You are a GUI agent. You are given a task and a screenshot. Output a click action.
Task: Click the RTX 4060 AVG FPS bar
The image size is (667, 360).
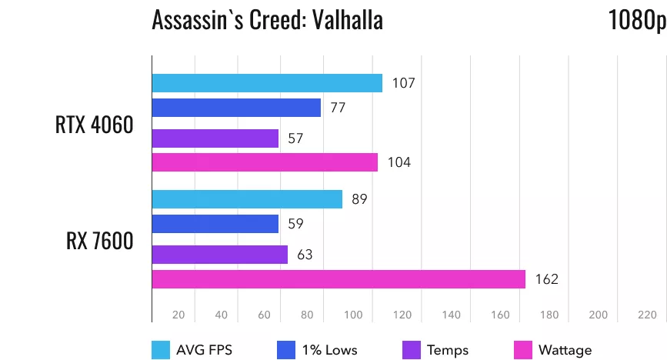click(x=267, y=83)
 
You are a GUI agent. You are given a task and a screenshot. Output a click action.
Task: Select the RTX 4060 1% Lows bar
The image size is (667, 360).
click(x=236, y=108)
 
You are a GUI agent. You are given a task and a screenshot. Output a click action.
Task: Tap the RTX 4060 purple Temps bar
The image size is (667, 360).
click(x=215, y=138)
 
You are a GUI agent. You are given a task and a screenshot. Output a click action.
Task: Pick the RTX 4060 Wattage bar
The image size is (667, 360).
click(x=265, y=162)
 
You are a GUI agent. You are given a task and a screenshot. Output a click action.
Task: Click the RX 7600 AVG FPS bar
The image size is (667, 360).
click(x=247, y=199)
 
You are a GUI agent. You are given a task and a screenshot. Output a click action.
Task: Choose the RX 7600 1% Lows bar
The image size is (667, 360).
click(x=215, y=224)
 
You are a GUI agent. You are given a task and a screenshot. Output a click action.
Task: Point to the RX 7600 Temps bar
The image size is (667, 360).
click(x=220, y=255)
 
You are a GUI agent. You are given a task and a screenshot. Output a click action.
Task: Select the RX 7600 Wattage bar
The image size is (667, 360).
click(x=339, y=278)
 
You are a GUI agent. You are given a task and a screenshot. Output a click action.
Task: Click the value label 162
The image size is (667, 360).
click(x=547, y=278)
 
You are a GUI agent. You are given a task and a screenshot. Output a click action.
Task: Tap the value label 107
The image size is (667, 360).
click(x=403, y=83)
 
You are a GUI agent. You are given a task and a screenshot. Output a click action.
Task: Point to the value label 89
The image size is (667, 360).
click(x=359, y=199)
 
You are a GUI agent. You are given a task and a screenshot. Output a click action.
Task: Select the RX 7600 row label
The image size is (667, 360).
click(x=99, y=241)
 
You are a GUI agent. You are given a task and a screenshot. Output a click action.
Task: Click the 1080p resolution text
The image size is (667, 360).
click(x=636, y=21)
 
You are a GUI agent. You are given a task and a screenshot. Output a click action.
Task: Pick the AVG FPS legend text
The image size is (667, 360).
click(x=204, y=350)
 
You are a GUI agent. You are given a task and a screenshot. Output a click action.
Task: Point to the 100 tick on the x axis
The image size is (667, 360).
click(x=354, y=315)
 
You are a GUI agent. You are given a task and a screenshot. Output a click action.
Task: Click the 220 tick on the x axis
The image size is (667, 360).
click(x=647, y=315)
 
